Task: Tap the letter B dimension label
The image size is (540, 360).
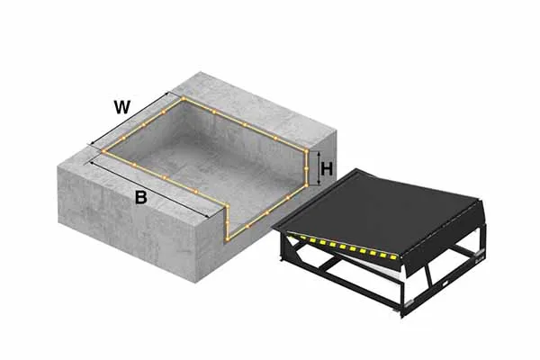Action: click(140, 198)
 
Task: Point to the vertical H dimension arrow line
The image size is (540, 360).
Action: click(317, 168)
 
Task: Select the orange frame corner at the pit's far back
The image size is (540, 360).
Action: click(184, 97)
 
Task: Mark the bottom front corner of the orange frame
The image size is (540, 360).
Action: click(228, 239)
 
